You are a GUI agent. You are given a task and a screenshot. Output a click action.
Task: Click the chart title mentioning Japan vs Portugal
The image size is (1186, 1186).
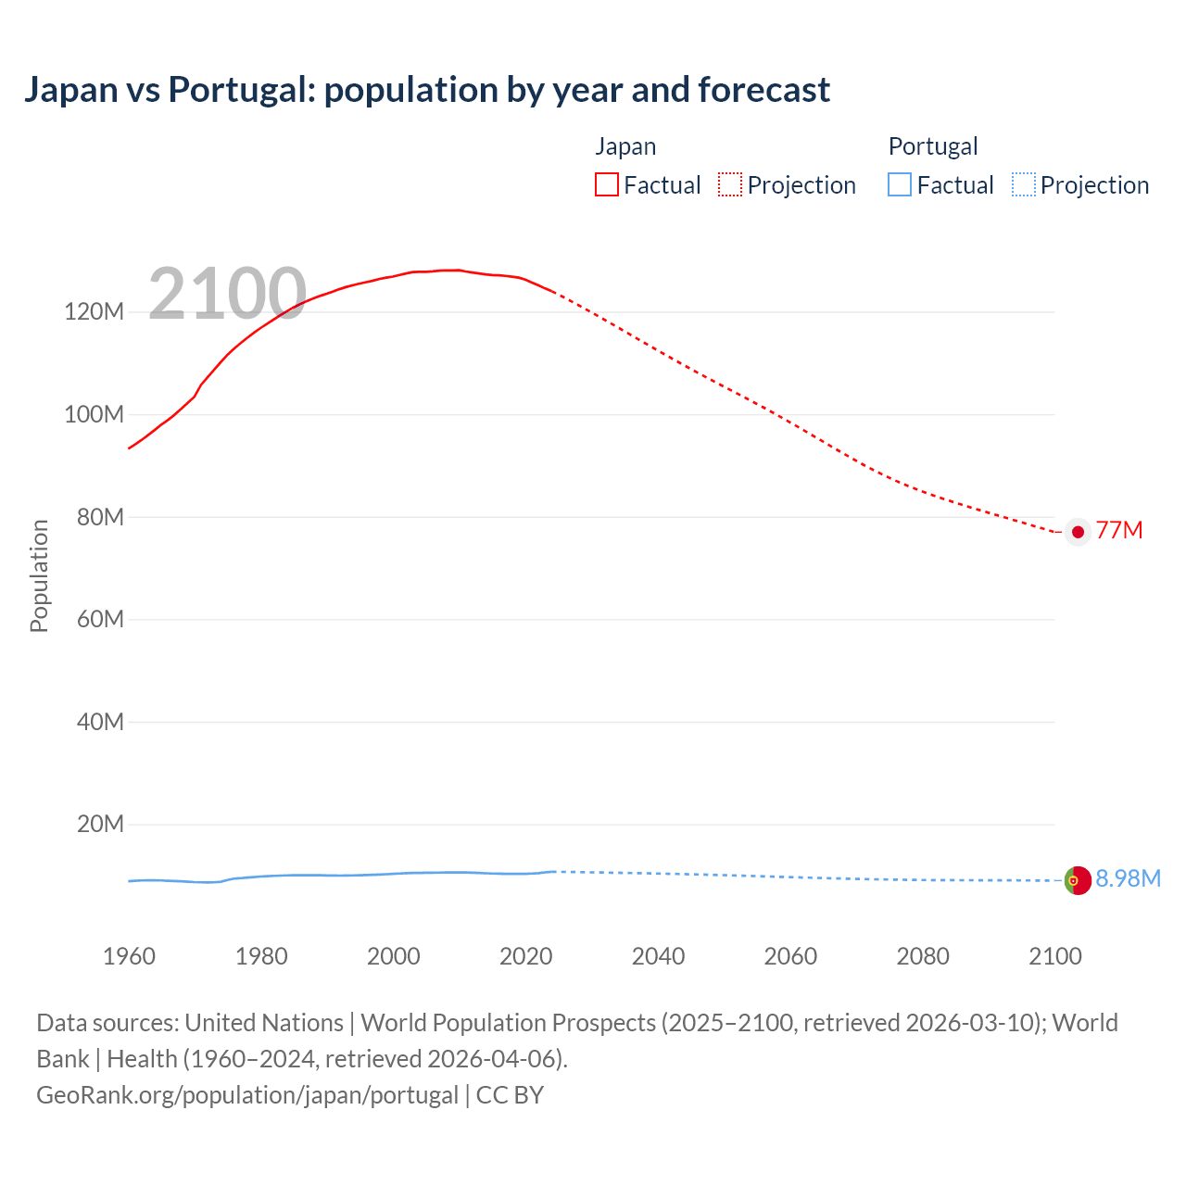(426, 90)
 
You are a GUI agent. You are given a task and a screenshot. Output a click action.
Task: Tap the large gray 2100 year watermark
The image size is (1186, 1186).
(227, 294)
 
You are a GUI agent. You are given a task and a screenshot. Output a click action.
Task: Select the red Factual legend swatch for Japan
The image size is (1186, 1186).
(606, 184)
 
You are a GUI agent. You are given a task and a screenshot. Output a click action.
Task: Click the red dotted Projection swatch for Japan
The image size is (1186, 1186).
(730, 184)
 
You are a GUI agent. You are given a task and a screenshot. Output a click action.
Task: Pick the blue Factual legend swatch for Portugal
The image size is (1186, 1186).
(899, 184)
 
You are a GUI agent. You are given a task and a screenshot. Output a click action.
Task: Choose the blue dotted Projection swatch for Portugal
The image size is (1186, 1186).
(1023, 184)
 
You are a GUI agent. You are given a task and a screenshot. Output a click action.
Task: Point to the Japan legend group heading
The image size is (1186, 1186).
(625, 146)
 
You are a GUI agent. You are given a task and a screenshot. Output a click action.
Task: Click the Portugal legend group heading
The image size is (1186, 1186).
(933, 146)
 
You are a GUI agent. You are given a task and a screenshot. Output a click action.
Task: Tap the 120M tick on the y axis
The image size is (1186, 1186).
(94, 311)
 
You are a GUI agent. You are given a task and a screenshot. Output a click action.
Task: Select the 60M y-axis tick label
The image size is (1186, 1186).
(99, 619)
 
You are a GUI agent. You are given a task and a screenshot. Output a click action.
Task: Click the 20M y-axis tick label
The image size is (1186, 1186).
(99, 824)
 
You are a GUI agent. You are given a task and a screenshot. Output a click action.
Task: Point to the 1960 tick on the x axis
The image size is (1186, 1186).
(129, 956)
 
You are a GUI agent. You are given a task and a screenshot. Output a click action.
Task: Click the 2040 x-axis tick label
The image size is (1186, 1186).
(658, 956)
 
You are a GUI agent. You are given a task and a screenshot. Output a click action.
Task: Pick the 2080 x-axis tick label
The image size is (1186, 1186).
(923, 956)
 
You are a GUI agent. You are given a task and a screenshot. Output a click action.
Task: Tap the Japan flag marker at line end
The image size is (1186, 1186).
(1077, 532)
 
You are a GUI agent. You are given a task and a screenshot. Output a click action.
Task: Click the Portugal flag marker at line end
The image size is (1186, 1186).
(1078, 880)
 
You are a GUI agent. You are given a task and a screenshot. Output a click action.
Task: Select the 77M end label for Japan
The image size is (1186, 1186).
(1118, 530)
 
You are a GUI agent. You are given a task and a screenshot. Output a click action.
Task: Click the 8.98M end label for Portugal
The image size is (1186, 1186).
(1128, 878)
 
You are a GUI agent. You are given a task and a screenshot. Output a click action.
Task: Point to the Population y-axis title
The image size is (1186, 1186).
(39, 575)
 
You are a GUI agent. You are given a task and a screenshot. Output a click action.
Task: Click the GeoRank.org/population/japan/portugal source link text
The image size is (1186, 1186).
(247, 1095)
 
